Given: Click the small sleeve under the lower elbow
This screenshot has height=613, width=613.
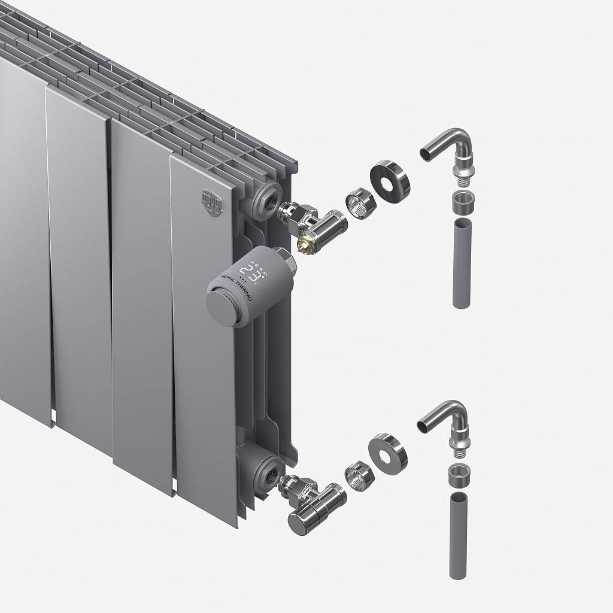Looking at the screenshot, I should point(459,474).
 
